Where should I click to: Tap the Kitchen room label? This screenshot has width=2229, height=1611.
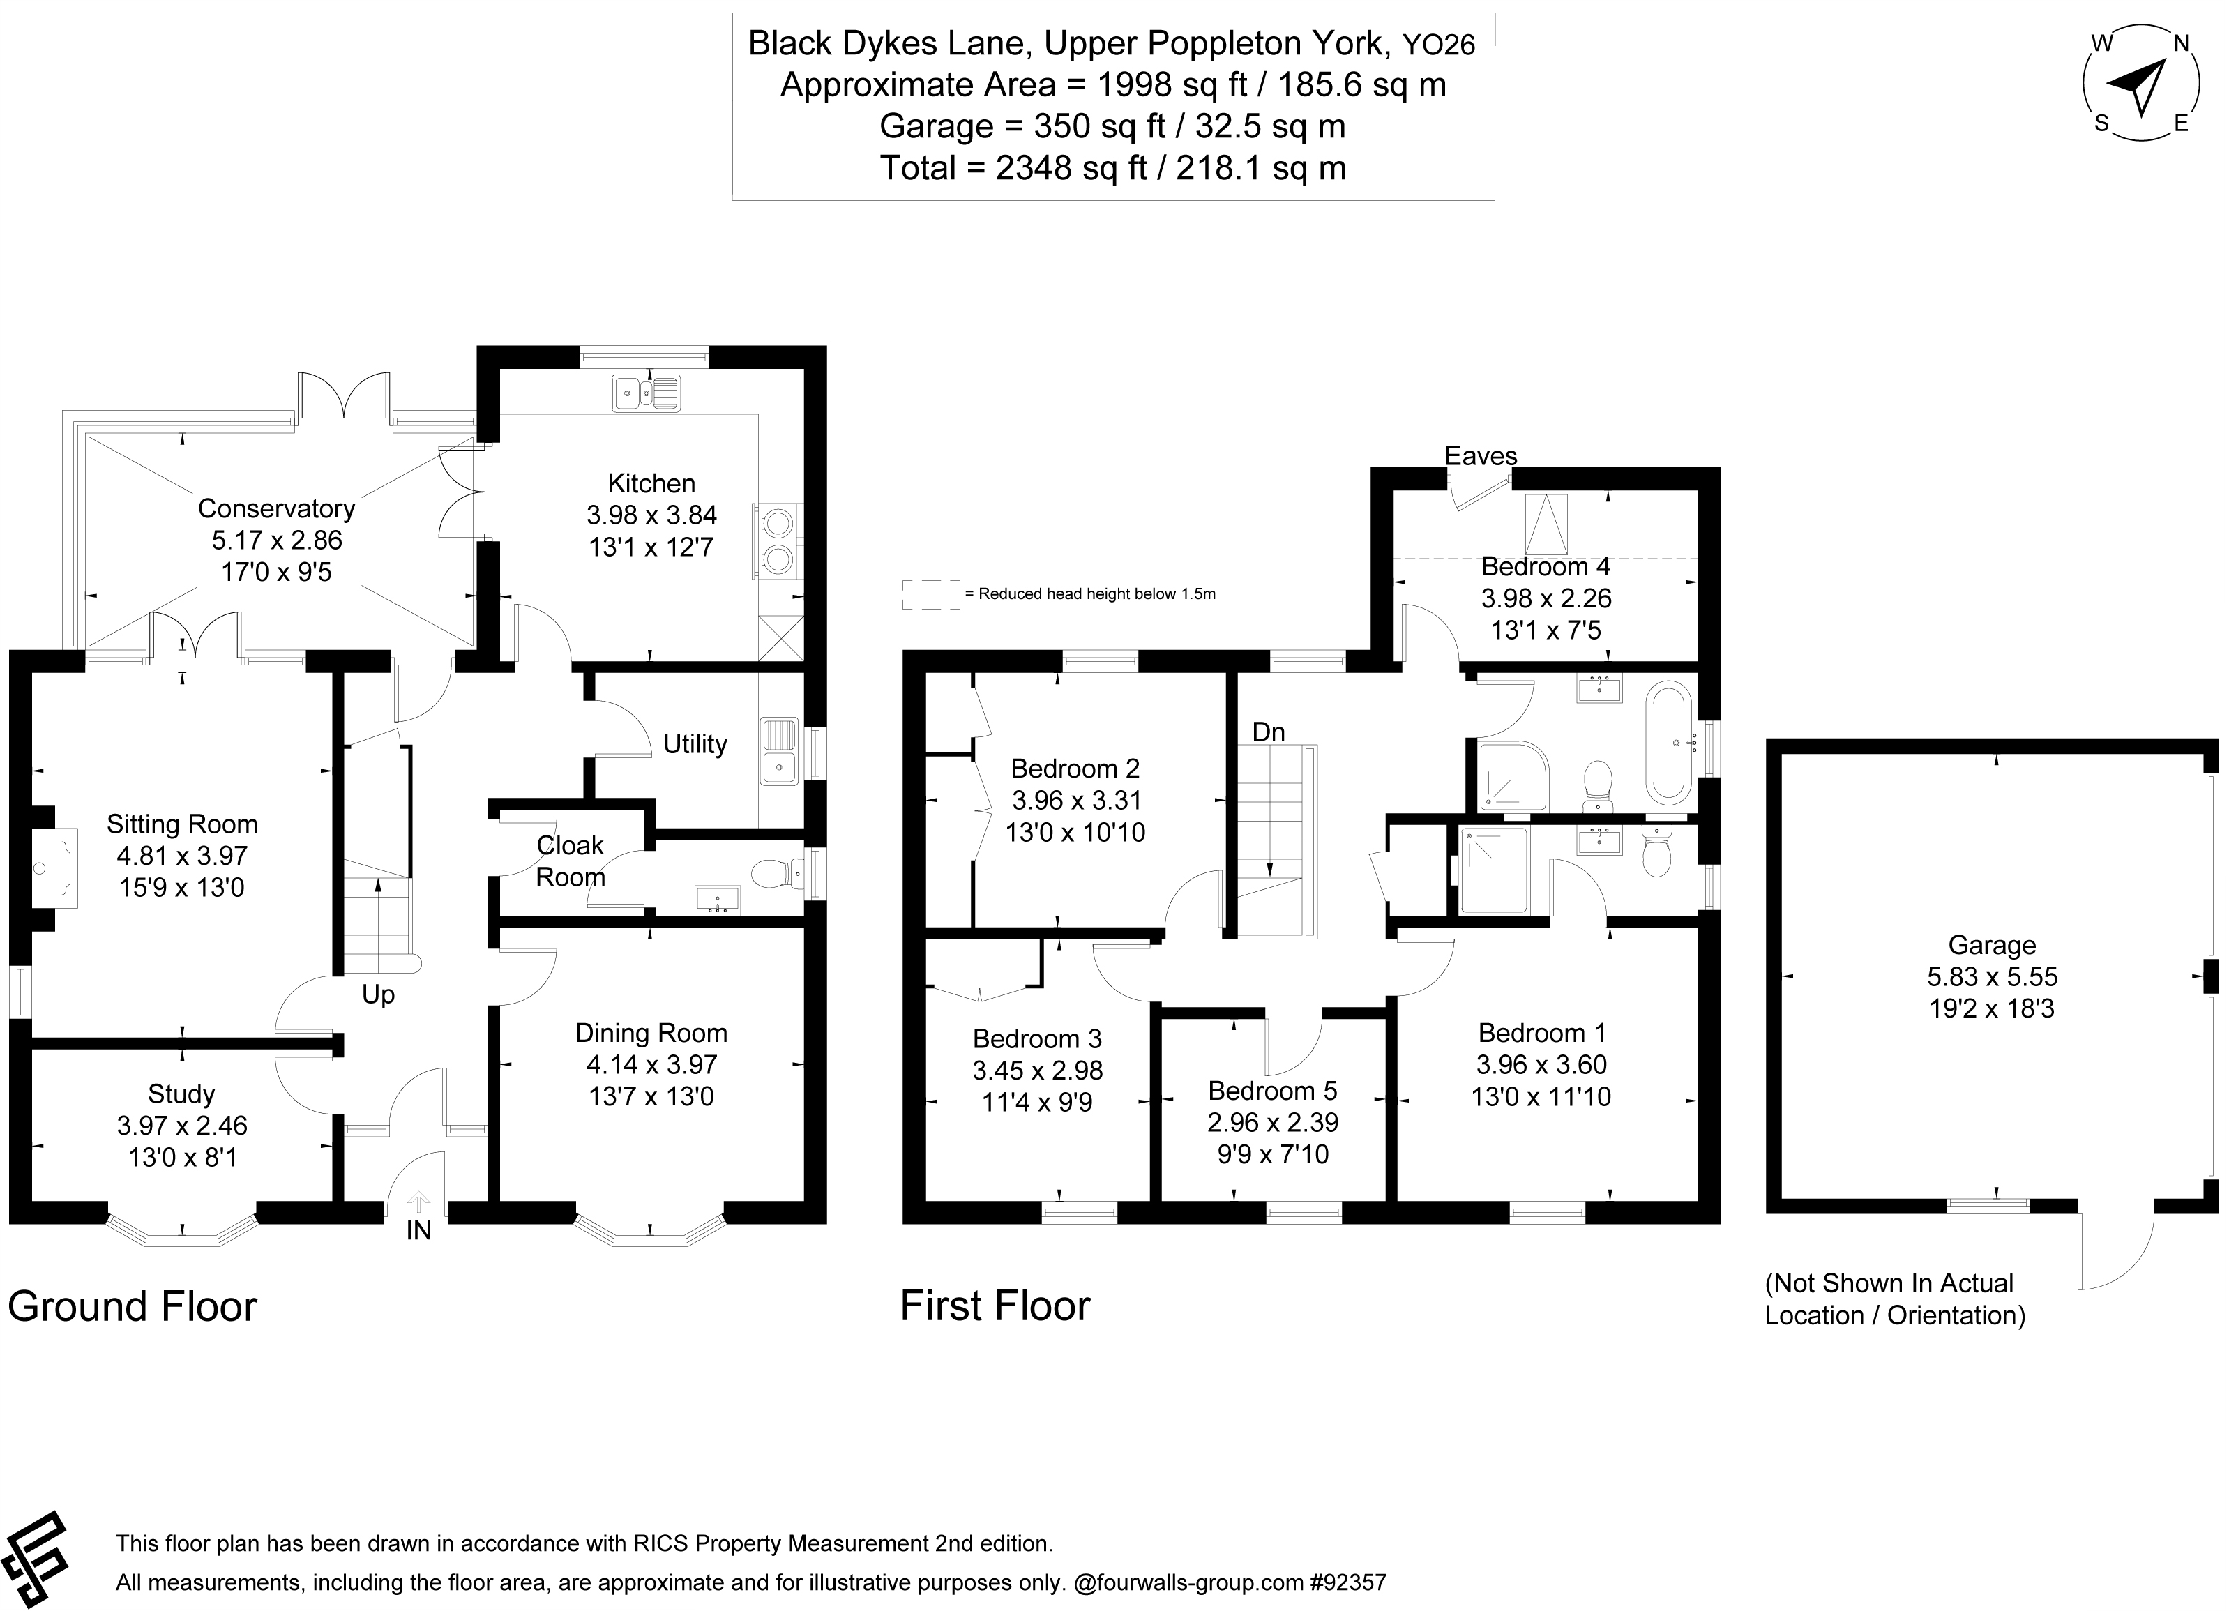[651, 483]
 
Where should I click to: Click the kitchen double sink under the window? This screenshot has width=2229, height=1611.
[646, 393]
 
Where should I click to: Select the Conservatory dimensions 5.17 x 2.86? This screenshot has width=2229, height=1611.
[276, 540]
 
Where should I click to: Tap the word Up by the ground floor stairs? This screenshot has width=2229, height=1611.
[379, 994]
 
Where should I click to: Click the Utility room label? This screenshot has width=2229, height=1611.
[695, 744]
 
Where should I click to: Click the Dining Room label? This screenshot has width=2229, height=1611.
[651, 1033]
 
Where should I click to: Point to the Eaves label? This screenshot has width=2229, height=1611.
[1480, 456]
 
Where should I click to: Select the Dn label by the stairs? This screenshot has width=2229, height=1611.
[1268, 732]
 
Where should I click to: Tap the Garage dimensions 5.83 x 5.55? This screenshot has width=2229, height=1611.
[1991, 977]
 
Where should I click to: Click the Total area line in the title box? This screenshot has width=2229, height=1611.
[1112, 168]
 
